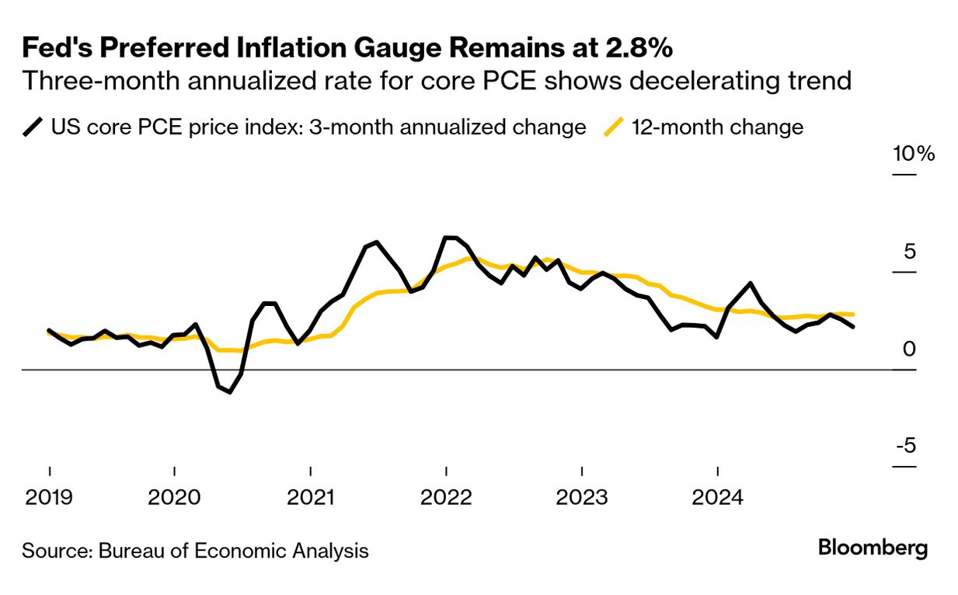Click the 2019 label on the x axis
49,497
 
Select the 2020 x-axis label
174,497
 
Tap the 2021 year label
310,497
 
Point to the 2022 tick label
446,497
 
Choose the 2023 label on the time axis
582,497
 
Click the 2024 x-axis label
717,497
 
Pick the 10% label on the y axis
914,154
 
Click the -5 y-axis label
905,447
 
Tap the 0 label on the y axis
909,350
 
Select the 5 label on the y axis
909,252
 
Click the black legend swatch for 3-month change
33,127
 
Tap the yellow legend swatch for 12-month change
615,127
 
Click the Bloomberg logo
873,548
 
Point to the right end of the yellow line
854,314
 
